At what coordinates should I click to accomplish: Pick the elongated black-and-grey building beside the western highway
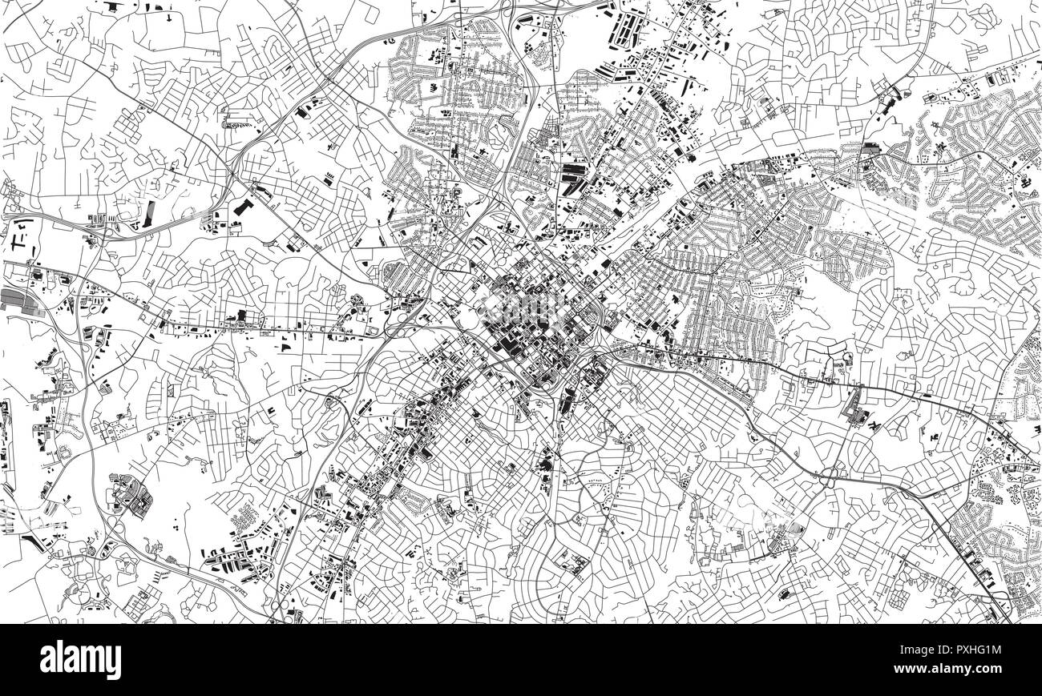click(x=151, y=212)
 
